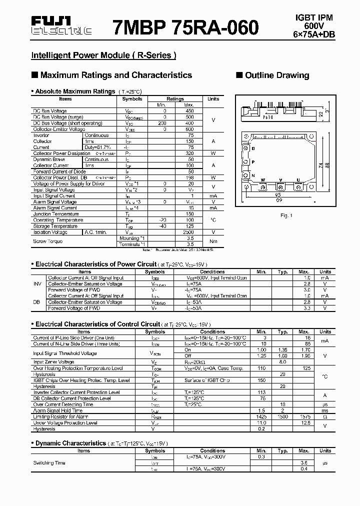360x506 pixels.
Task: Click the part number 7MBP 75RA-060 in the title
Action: (185, 27)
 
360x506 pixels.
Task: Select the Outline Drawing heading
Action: (276, 75)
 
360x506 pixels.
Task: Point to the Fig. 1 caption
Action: (286, 215)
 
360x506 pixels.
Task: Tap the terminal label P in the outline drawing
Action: (253, 162)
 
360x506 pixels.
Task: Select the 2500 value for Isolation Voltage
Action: (188, 232)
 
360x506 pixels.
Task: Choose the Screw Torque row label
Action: (48, 241)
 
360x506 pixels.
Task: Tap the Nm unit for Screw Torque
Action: (213, 241)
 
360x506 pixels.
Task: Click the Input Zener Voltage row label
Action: (53, 361)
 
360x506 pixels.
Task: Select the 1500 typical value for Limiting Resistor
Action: (282, 416)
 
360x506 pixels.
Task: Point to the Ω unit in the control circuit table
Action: (325, 416)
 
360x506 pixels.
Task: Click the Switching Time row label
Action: (49, 462)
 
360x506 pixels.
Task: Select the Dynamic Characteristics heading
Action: (70, 443)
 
